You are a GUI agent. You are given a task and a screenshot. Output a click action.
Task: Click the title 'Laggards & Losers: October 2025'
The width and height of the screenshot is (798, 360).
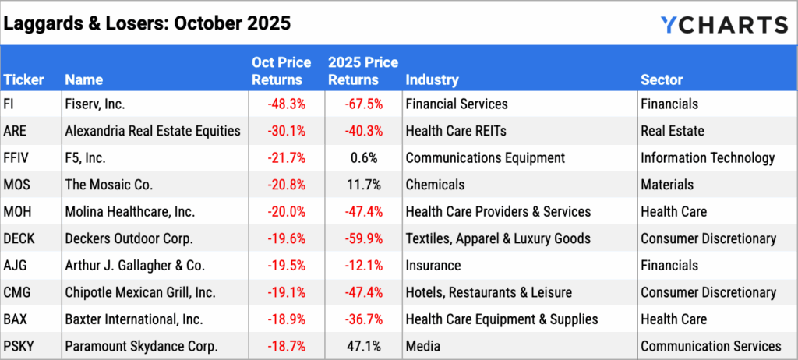click(147, 23)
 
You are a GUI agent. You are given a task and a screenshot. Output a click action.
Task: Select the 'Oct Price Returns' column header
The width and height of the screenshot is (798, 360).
click(281, 71)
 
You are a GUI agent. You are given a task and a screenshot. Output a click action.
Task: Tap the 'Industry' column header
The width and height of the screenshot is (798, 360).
click(432, 79)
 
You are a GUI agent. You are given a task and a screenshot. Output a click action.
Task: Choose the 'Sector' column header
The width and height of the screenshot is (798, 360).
click(662, 79)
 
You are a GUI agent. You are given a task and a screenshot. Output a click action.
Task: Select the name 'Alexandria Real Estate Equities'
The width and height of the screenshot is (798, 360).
click(153, 131)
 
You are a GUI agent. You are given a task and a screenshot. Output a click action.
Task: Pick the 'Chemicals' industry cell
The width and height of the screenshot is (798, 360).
click(435, 185)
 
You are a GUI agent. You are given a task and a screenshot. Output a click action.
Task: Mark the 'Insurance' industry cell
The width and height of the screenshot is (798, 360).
click(433, 266)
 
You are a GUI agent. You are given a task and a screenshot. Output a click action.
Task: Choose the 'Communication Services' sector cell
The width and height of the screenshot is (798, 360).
click(711, 346)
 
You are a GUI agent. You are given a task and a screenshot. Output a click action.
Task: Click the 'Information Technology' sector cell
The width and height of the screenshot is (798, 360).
click(708, 157)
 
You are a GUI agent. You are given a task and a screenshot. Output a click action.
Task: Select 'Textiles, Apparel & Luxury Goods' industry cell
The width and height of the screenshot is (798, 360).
click(497, 238)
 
